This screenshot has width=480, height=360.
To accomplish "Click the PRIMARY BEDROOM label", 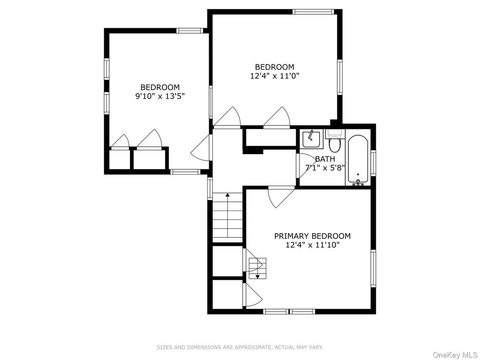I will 312,236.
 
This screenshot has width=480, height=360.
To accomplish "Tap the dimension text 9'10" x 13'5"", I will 160,95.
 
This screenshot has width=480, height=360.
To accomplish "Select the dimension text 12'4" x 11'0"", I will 274,76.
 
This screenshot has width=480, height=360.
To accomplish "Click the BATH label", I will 325,159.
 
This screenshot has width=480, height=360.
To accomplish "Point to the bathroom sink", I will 311,139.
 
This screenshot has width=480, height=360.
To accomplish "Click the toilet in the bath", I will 334,143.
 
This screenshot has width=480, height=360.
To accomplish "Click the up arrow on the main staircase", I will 227,196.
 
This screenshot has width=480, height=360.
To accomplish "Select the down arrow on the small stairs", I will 257,276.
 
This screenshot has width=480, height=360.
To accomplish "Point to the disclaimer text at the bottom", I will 240,347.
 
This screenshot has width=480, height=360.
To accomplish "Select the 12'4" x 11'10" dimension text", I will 312,245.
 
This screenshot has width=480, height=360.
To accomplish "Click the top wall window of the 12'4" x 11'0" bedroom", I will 313,12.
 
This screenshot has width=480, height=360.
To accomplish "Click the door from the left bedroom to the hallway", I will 202,148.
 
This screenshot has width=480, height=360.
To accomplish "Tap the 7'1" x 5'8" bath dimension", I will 325,168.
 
